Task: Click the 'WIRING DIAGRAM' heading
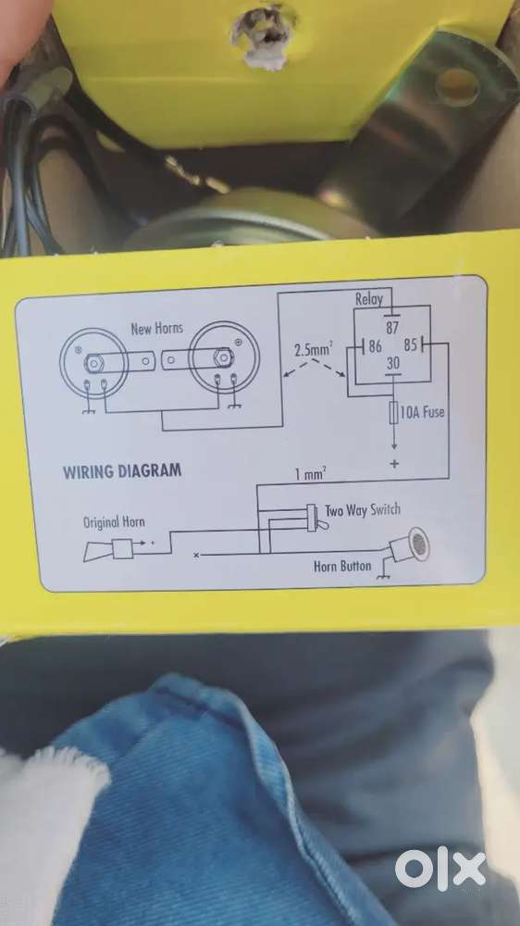pos(122,471)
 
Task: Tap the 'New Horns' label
pos(157,329)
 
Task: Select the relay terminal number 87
pos(392,328)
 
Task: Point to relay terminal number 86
pos(376,346)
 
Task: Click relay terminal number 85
pos(411,344)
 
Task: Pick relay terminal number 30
pos(393,364)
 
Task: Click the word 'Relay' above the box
pos(369,299)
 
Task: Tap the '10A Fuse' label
pos(422,412)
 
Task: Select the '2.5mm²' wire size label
pos(313,349)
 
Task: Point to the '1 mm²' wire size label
pos(311,473)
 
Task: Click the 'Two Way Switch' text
pos(363,510)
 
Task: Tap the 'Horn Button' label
pos(342,567)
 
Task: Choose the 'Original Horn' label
pos(114,522)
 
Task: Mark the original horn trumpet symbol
pos(108,550)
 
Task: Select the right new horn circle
pos(216,357)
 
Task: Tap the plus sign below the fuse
pos(394,464)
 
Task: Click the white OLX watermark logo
pos(441,870)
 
